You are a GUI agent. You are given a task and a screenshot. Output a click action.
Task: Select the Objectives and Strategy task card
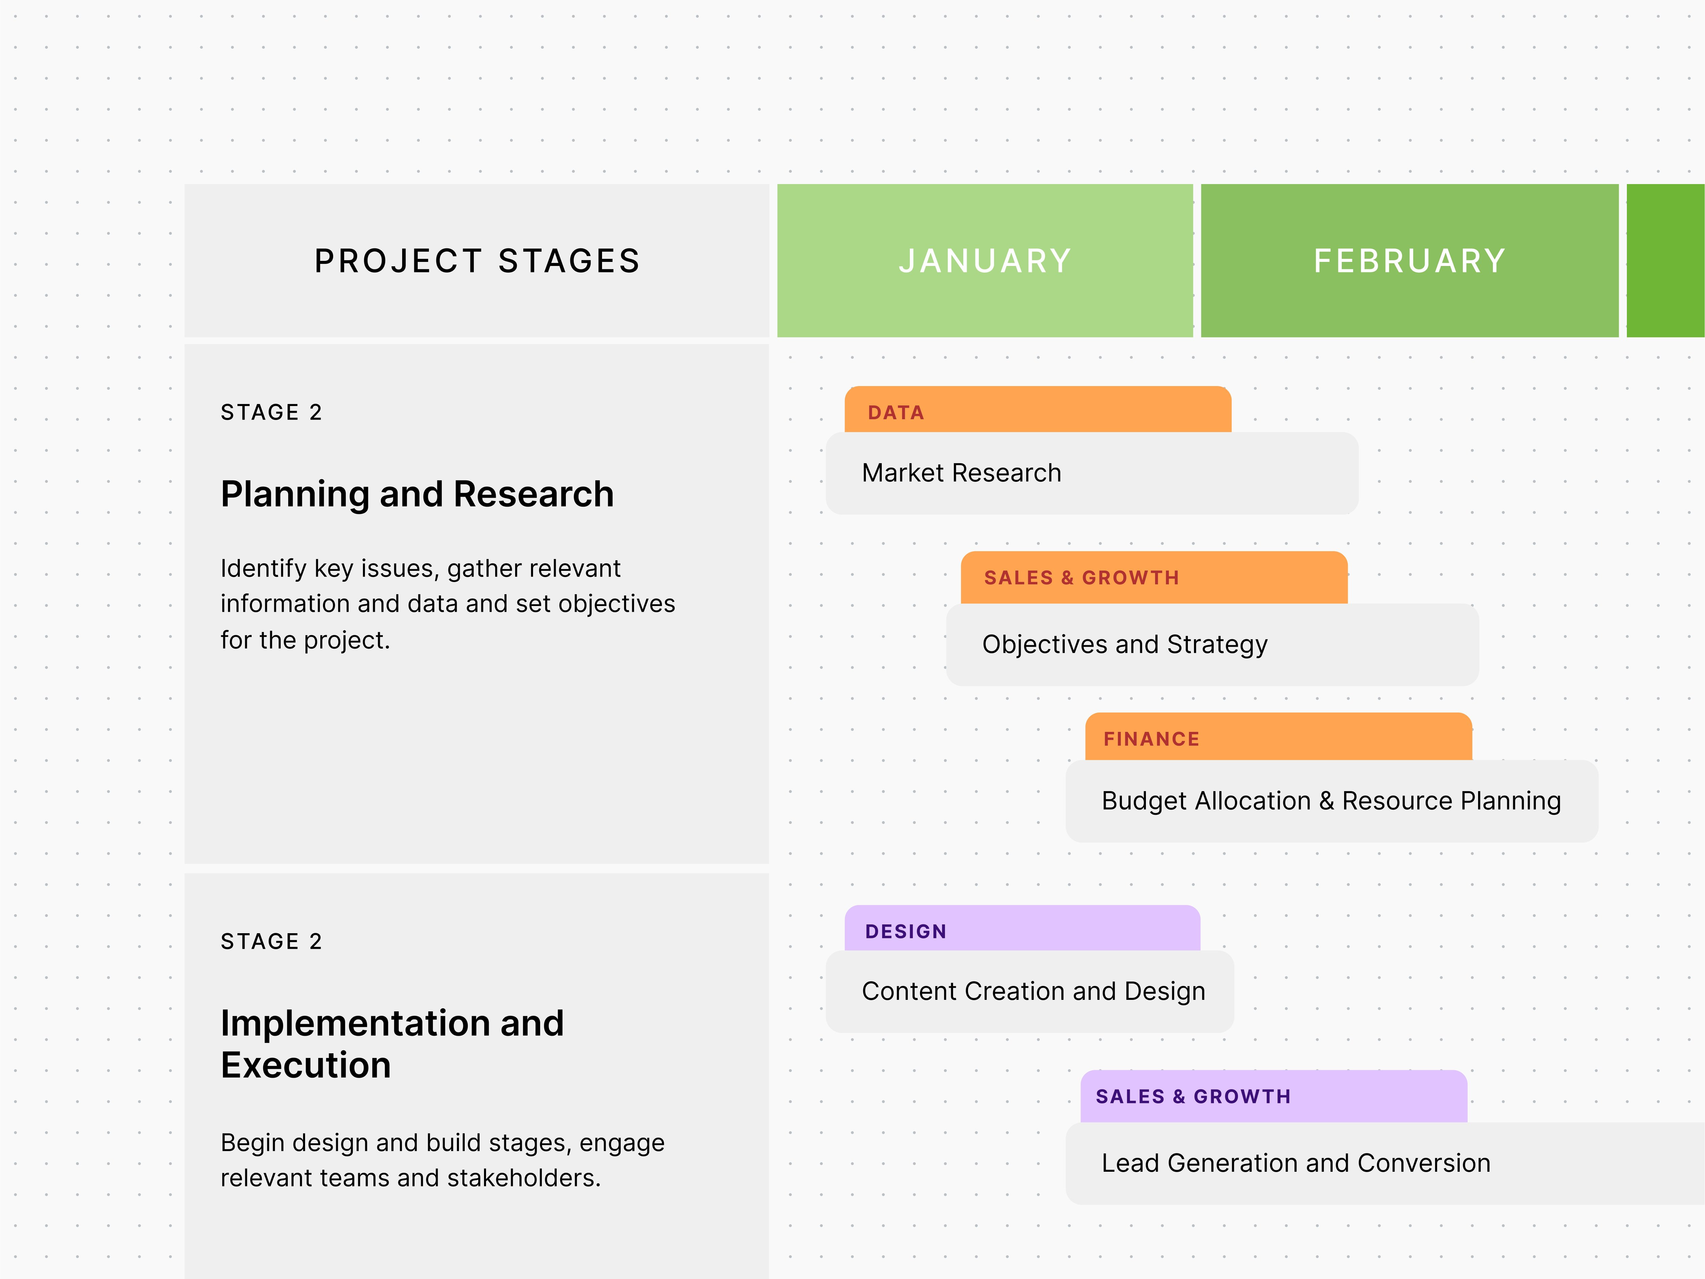pyautogui.click(x=1212, y=645)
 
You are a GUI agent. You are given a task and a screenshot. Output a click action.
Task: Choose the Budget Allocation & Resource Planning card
pyautogui.click(x=1331, y=801)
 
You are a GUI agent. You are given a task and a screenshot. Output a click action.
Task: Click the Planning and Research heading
pyautogui.click(x=417, y=494)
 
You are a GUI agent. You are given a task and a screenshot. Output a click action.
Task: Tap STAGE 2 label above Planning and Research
pyautogui.click(x=271, y=412)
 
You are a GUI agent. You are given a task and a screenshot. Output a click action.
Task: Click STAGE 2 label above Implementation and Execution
pyautogui.click(x=271, y=941)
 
